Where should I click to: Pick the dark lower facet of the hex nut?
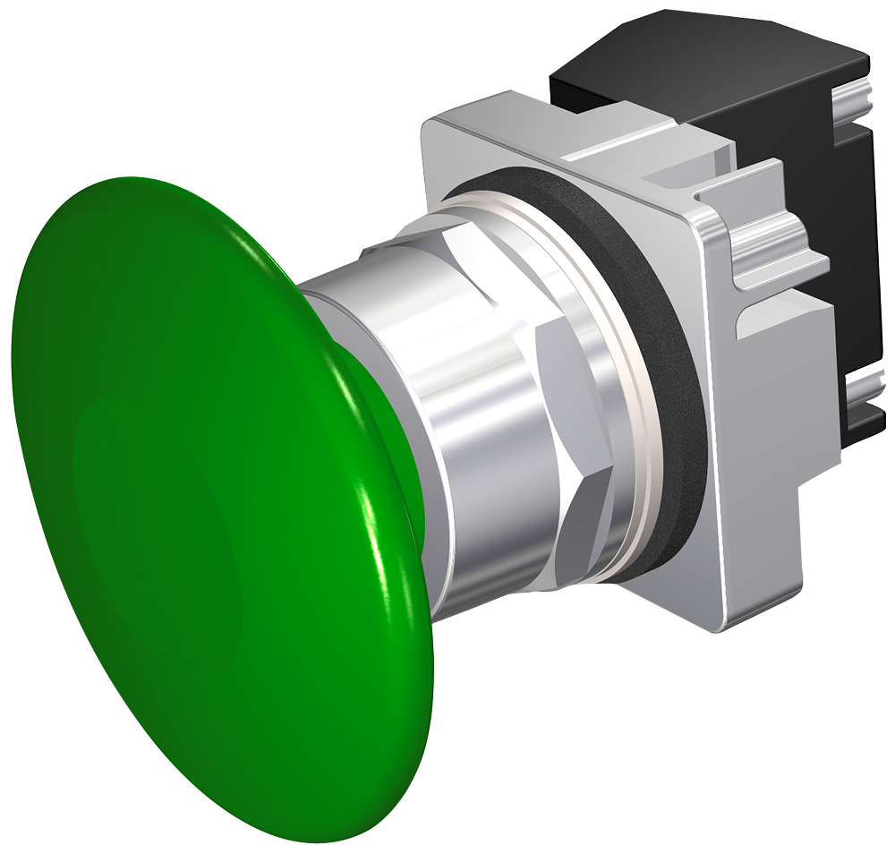[582, 537]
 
